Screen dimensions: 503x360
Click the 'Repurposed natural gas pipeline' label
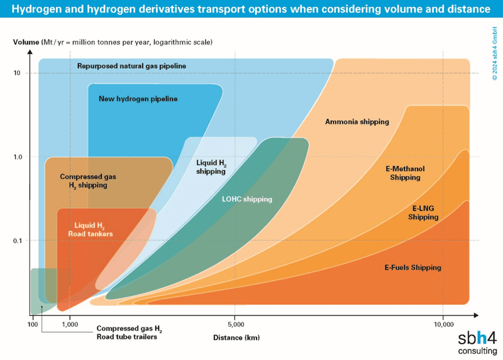tap(131, 66)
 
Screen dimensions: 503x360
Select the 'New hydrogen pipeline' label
tap(138, 99)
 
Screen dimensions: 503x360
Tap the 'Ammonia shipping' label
tap(357, 122)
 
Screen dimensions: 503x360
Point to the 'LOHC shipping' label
tap(247, 199)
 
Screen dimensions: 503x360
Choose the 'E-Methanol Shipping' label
tap(405, 173)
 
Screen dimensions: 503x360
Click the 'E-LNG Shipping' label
tap(423, 212)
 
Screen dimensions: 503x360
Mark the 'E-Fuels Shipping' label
tap(413, 268)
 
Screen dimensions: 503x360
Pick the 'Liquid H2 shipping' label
tap(211, 167)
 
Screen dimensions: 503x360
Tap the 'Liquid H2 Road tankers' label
tap(90, 229)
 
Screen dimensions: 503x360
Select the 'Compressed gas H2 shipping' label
tap(88, 181)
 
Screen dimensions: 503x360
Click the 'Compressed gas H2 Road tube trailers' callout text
tap(129, 332)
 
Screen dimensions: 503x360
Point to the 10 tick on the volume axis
tap(17, 73)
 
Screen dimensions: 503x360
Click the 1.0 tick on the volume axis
tap(18, 157)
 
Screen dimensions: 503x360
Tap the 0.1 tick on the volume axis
tap(18, 241)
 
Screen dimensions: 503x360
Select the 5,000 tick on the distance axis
tap(236, 324)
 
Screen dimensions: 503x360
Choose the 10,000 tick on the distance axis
tap(444, 324)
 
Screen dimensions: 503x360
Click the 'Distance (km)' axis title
tap(236, 337)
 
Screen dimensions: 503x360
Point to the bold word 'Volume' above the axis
tap(26, 42)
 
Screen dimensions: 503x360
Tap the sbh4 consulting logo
tap(477, 342)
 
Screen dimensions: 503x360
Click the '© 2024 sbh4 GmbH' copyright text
tap(494, 53)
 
